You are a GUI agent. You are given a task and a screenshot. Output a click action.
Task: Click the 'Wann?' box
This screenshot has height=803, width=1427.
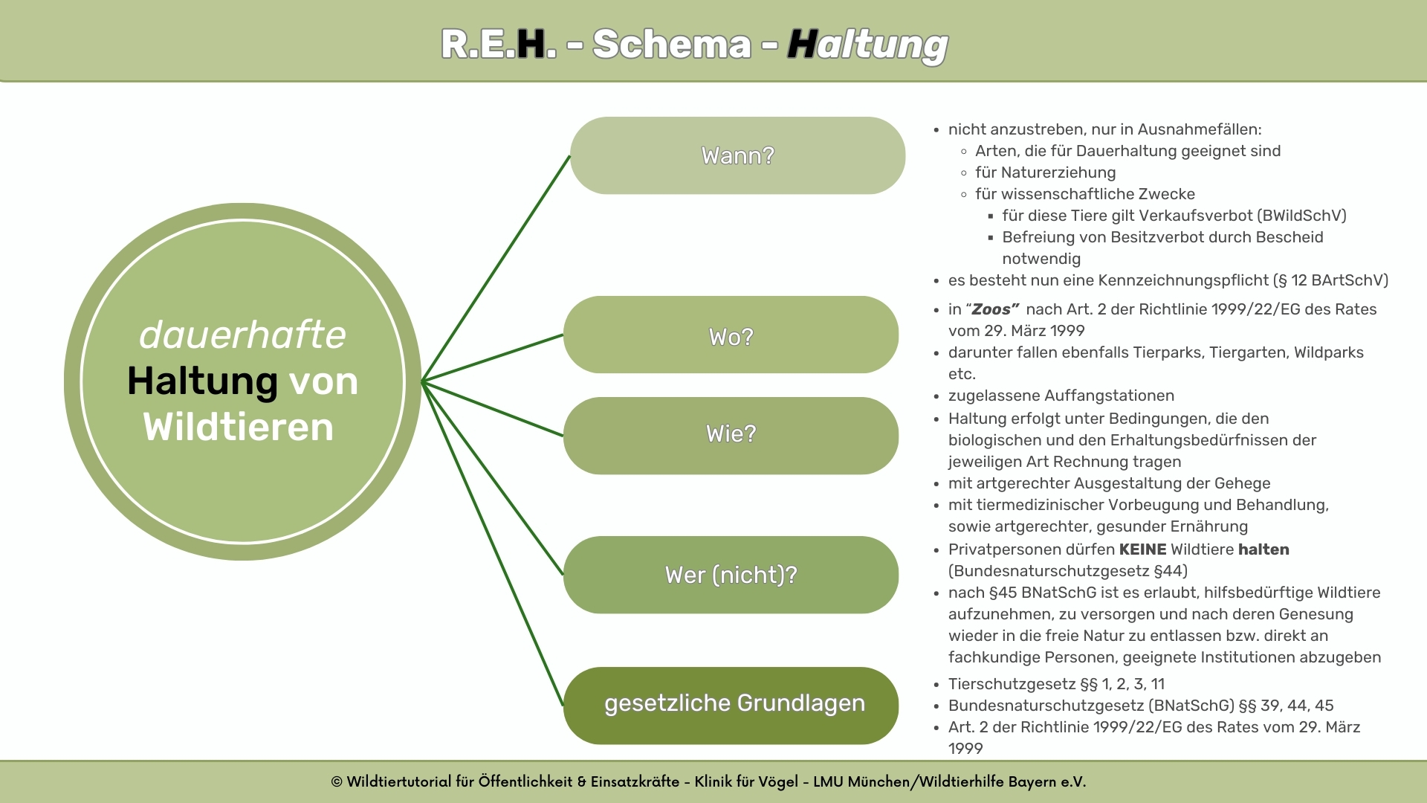pos(737,155)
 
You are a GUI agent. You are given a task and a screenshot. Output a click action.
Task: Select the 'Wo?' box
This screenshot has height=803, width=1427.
pos(731,335)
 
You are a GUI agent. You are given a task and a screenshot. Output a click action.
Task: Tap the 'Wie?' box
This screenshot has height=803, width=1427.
pos(731,436)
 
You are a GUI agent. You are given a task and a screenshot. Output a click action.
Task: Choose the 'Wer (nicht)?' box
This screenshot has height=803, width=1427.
pos(731,575)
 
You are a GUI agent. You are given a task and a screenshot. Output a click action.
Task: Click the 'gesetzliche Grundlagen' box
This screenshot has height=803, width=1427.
pos(731,706)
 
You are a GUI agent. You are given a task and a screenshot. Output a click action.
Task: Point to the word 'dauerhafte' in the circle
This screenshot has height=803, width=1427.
pos(242,335)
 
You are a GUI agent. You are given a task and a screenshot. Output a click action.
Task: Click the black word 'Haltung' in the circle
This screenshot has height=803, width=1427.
pos(202,381)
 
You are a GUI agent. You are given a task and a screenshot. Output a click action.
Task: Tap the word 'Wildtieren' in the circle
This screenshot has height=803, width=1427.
pos(239,427)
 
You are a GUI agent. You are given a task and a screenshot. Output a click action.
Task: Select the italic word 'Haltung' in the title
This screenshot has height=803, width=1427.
pos(867,45)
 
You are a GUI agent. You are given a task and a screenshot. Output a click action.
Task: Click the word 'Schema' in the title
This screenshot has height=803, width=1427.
pos(672,44)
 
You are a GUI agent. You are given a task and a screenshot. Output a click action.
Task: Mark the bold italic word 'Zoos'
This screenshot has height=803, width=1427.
pos(991,309)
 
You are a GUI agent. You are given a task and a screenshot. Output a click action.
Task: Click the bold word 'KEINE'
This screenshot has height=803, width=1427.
pos(1142,549)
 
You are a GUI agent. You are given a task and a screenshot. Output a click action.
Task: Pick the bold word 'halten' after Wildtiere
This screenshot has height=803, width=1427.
pos(1263,549)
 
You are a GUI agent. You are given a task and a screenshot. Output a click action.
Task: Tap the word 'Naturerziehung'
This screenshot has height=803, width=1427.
pos(1058,172)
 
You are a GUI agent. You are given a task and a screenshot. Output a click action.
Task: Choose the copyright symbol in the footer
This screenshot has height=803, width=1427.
pos(337,782)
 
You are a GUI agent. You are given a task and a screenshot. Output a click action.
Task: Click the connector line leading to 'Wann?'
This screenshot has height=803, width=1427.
pos(496,268)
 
